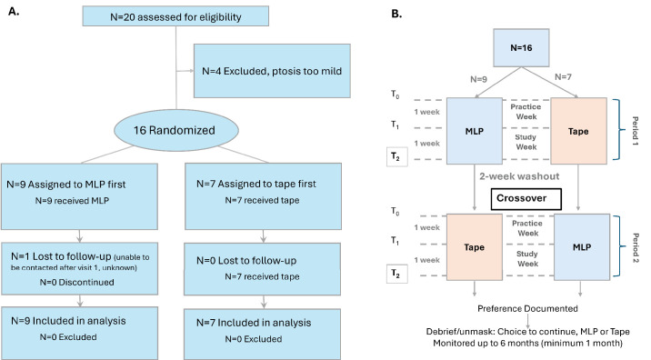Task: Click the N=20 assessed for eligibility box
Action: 175,16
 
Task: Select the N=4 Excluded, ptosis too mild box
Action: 272,71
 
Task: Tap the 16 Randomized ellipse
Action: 176,130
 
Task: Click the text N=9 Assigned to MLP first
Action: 66,185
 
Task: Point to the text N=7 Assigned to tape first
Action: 256,184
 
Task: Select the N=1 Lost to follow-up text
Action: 61,256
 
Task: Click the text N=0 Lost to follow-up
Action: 246,261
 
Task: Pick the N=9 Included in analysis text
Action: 68,321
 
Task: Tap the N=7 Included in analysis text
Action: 254,323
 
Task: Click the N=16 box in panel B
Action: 521,48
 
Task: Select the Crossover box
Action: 526,199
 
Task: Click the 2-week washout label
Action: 519,176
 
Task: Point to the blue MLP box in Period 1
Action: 474,131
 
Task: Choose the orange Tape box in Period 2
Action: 474,247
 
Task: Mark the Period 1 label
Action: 636,131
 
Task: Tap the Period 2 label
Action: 636,248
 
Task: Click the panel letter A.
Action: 14,11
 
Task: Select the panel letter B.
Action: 396,14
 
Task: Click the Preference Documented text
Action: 527,308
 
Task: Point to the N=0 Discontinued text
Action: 76,283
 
